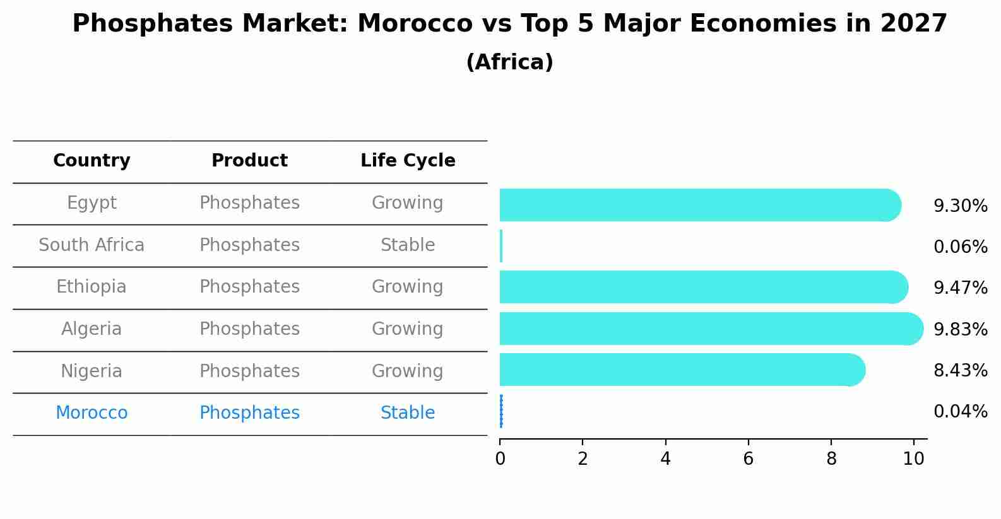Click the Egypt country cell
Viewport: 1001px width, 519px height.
point(92,203)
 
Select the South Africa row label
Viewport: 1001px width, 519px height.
point(92,245)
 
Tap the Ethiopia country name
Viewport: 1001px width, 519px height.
point(92,287)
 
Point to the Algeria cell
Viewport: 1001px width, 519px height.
point(92,329)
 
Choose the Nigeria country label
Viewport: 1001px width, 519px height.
point(92,371)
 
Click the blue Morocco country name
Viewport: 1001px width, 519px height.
point(92,413)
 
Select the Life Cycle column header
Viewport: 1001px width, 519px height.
point(408,161)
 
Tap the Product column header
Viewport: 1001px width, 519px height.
point(249,161)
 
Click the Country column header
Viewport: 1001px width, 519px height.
point(92,161)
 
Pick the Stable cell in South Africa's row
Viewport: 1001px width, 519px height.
point(408,245)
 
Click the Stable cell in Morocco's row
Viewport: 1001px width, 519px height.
point(408,413)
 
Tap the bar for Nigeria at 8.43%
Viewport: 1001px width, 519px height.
point(678,370)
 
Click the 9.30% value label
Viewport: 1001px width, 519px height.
point(960,206)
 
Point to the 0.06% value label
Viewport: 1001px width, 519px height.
point(960,247)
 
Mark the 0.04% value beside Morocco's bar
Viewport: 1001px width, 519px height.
point(960,412)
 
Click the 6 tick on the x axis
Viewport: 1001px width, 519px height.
point(748,459)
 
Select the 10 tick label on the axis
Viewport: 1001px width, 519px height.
point(913,459)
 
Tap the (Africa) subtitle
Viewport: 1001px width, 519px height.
point(509,62)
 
